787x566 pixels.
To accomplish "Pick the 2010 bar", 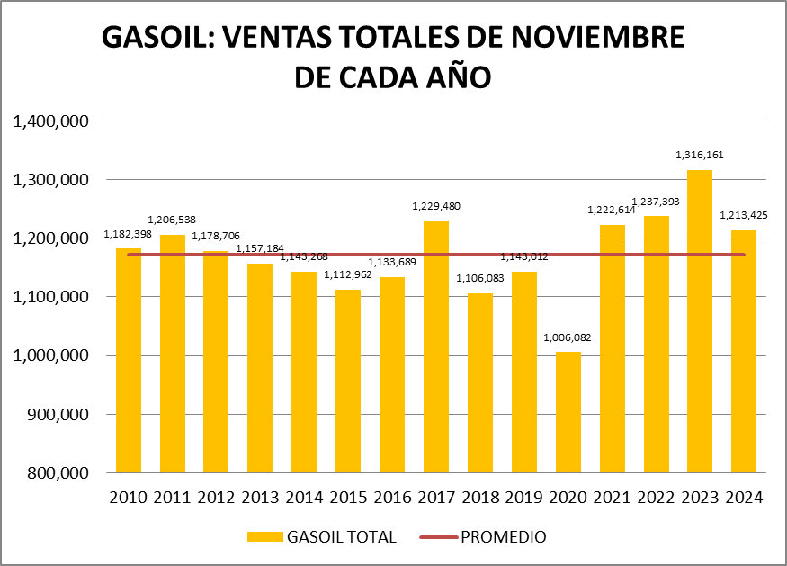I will click(129, 360).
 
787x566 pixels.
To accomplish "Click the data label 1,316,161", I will click(700, 155).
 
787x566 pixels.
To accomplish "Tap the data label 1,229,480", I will click(436, 206).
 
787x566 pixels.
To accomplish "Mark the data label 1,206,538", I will click(172, 220).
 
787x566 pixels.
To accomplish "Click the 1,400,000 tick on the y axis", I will click(49, 121).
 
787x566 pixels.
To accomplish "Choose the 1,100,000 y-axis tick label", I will click(49, 297).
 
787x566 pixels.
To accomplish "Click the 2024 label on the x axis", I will click(744, 497).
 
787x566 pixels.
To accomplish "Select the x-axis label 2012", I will click(216, 497).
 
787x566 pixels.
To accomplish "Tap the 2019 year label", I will click(524, 497).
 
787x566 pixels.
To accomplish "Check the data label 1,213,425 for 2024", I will click(744, 215).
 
